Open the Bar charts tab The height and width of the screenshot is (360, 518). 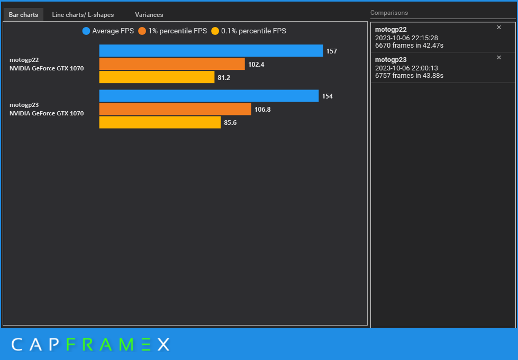coord(23,15)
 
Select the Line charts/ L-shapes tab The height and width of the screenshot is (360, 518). coord(83,15)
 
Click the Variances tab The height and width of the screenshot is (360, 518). coord(149,15)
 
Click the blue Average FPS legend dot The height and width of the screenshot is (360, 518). coord(86,31)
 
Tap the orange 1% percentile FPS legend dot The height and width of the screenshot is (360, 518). coord(142,31)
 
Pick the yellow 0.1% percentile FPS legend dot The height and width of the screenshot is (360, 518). coord(215,31)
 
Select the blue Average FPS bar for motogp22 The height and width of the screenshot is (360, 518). coord(211,51)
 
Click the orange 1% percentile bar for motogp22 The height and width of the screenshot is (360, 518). coord(172,64)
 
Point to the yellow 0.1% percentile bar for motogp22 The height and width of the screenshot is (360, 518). coord(157,77)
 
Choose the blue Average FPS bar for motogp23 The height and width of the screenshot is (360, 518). coord(208,96)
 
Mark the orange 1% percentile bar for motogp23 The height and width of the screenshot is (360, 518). coord(175,109)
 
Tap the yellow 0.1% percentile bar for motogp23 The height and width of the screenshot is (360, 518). coord(160,122)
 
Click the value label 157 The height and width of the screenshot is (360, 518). coord(331,51)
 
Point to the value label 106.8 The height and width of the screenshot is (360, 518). coord(262,110)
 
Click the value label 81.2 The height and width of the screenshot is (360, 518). coord(224,78)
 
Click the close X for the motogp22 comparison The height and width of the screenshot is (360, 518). coord(498,28)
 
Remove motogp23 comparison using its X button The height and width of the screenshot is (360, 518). coord(498,57)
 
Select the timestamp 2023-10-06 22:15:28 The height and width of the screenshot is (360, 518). coord(406,38)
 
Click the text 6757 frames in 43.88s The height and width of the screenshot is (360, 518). coord(409,76)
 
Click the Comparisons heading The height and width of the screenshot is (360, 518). coord(389,13)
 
